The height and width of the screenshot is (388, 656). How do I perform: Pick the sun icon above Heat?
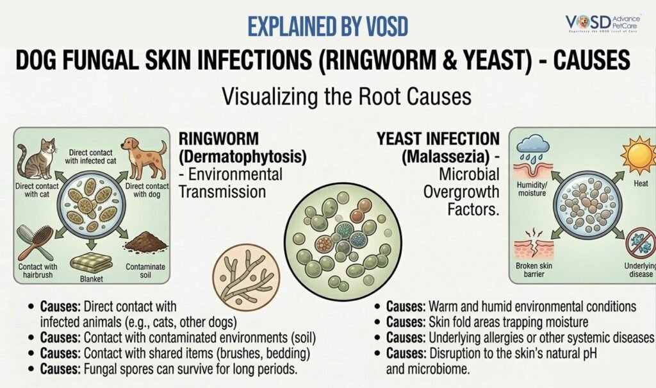pos(637,154)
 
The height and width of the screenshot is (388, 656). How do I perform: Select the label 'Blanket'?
pos(90,280)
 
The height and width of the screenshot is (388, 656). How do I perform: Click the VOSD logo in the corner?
pos(605,24)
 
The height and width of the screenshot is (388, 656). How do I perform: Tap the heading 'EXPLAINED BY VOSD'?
pos(327,27)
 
